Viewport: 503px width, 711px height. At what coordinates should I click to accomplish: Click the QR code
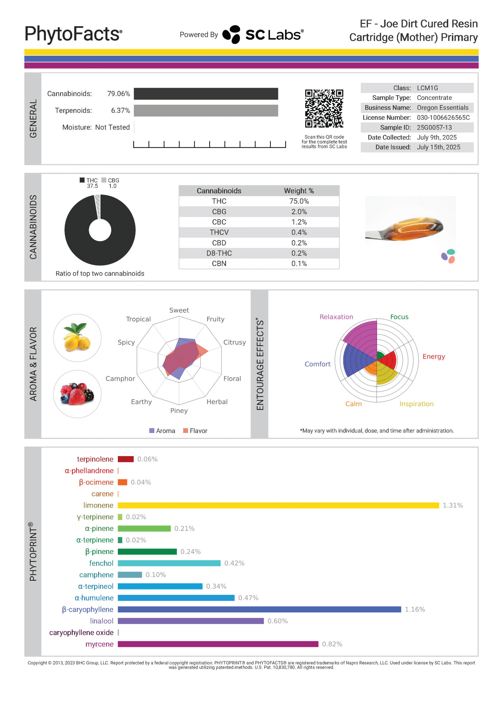pos(324,108)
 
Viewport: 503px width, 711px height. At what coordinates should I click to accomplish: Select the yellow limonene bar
pos(278,505)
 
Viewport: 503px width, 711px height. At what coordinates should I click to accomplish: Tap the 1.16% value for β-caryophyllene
pos(415,609)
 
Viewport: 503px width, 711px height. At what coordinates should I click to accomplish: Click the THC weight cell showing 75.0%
pos(299,201)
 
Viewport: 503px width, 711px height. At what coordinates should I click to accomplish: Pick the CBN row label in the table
pos(219,264)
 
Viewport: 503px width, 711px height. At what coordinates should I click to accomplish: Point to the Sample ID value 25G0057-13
pos(434,127)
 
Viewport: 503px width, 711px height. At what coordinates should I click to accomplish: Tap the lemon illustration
pos(77,338)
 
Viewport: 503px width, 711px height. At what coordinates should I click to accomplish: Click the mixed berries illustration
pos(77,394)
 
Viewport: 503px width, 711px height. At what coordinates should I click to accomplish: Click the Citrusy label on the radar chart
pos(234,342)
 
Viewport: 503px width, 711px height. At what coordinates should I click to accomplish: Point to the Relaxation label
pos(336,317)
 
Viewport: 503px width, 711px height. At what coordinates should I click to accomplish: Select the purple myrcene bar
pos(218,644)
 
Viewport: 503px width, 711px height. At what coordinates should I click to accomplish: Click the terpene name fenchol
pos(101,563)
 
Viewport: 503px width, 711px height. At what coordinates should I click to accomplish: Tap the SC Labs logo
pos(263,35)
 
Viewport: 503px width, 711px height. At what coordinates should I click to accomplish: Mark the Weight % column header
pos(299,191)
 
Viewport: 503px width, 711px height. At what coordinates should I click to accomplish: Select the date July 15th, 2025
pos(438,147)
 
